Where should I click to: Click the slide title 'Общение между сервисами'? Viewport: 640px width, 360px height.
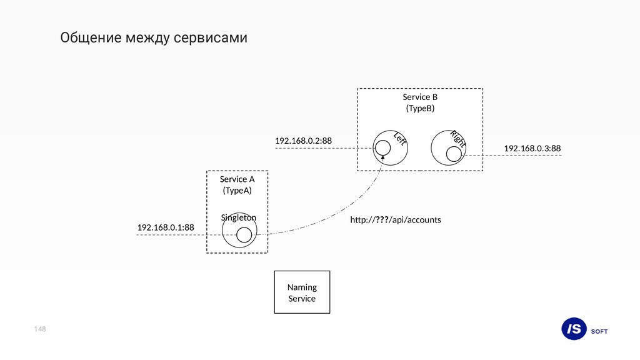coord(154,38)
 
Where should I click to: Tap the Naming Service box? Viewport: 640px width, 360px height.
coord(302,292)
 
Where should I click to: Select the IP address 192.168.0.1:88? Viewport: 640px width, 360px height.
coord(166,227)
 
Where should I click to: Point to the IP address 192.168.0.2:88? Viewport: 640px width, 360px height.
coord(303,141)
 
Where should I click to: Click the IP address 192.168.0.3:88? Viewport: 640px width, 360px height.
coord(532,148)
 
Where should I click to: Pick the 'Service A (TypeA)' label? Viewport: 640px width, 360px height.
coord(237,184)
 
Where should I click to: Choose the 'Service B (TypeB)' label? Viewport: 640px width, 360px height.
coord(420,102)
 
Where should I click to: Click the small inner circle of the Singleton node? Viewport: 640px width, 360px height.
coord(244,234)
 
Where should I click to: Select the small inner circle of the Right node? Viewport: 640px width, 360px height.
coord(454,154)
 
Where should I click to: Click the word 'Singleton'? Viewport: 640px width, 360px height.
coord(238,217)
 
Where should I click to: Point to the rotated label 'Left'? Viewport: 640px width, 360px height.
coord(400,139)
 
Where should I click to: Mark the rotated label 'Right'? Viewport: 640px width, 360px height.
coord(459,138)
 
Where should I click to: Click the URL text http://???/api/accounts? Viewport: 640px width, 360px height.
coord(395,220)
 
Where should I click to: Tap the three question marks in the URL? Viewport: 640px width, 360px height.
coord(381,220)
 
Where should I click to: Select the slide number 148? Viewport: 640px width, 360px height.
coord(41,329)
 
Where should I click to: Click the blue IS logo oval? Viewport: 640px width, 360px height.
coord(574,329)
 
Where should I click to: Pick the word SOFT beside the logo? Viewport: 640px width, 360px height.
coord(599,331)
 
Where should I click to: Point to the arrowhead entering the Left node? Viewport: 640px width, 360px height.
coord(382,157)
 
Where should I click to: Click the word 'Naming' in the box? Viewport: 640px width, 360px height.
coord(302,287)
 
